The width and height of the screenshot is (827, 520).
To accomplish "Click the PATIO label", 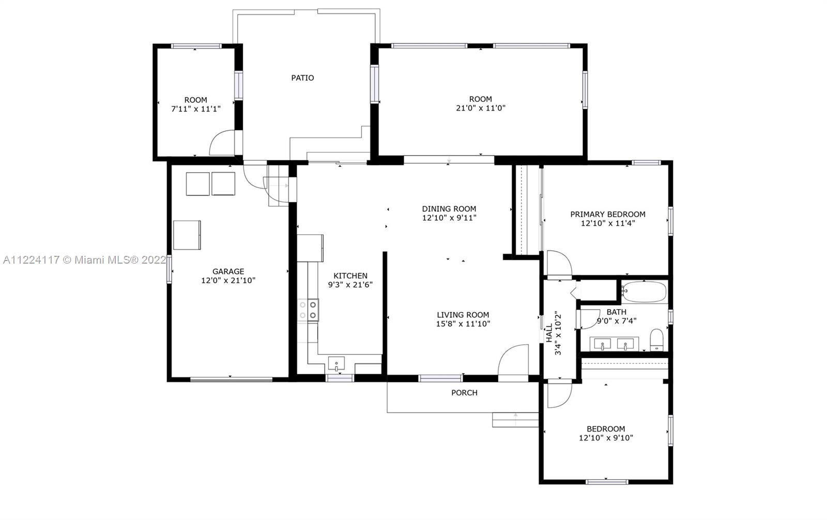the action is pos(302,78).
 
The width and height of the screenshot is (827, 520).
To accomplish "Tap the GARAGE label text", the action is pos(228,271).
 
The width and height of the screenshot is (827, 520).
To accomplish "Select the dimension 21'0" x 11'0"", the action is pos(480,108).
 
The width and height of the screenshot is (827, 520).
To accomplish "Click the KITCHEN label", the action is pos(350,276).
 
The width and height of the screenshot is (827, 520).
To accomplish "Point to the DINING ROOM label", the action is pos(449,209).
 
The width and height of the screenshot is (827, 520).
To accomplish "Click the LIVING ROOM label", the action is pos(463,315).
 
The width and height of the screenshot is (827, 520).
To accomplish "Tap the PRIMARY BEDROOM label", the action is pos(608,214).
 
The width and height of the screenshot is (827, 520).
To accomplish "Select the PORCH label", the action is pos(465,393).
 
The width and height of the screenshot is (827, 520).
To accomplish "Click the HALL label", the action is pos(549,333).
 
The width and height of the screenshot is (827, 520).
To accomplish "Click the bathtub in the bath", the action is pos(644,292).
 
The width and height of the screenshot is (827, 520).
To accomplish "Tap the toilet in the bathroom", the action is pos(656,340).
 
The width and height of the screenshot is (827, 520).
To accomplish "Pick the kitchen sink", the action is pos(336,363).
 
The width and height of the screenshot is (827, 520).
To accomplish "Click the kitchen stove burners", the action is pos(308,310).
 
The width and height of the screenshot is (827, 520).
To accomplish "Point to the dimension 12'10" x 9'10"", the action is pos(606,438).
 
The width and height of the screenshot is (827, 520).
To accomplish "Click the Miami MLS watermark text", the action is pos(85,260).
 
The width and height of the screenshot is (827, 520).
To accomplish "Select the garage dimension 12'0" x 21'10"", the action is pos(228,281).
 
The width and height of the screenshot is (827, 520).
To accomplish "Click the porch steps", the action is pos(515,420).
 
